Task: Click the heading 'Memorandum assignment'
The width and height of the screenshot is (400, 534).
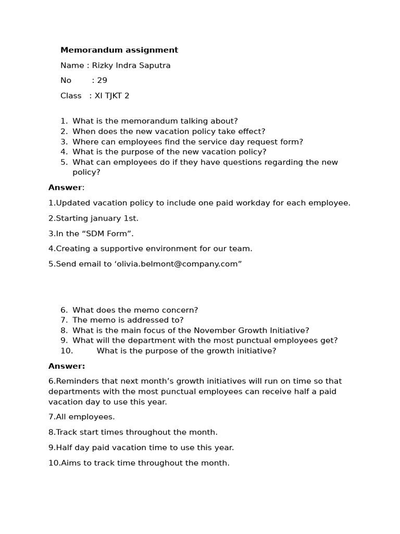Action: [x=119, y=50]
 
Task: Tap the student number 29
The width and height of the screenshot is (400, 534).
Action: [x=102, y=80]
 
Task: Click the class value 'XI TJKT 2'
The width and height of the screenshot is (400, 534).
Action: [x=111, y=95]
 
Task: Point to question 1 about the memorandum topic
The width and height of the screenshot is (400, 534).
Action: [x=155, y=121]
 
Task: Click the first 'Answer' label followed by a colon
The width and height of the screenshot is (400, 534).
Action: [x=66, y=188]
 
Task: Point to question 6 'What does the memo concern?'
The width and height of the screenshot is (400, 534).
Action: [x=135, y=310]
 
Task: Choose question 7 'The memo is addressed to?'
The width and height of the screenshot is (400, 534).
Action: [x=128, y=320]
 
